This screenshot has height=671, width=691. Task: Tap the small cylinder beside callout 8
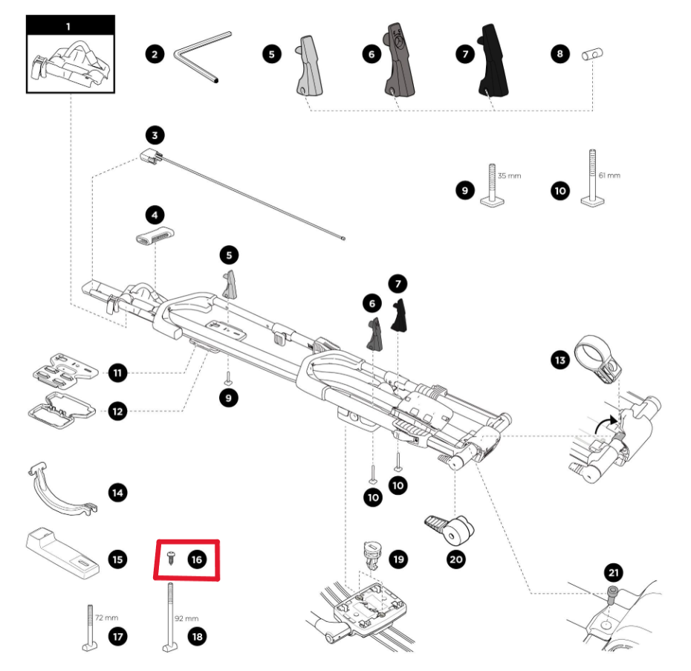(x=593, y=54)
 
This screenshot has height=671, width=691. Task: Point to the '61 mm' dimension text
(x=608, y=175)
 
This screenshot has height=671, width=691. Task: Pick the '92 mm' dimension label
(x=186, y=617)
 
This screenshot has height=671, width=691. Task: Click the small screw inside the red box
(x=172, y=558)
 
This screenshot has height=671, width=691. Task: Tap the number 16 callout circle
(x=196, y=559)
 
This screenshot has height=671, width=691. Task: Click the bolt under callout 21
(x=611, y=594)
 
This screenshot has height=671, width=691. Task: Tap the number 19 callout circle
(x=399, y=558)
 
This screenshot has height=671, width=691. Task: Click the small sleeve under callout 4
(x=154, y=241)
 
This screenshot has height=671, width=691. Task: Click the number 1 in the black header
(x=68, y=26)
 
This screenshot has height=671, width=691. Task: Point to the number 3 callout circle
(x=154, y=135)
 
